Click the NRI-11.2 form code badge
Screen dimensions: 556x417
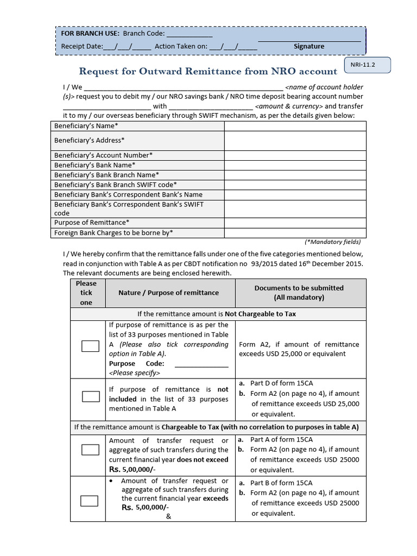pos(367,66)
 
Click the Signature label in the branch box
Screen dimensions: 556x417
pos(309,46)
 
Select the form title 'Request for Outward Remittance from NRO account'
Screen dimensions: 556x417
pos(208,71)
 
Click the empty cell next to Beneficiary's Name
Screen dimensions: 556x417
pos(295,126)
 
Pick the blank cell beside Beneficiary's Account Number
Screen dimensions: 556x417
pos(295,155)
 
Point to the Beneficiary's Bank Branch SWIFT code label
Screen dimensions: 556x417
pos(115,185)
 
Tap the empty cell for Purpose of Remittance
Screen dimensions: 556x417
pos(295,223)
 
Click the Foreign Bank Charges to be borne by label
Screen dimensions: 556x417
pos(113,233)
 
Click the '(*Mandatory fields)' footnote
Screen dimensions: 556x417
pos(332,242)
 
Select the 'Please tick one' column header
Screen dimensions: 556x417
pos(86,293)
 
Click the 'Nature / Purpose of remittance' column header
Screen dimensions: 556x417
pos(169,293)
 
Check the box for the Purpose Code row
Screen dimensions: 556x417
pos(90,346)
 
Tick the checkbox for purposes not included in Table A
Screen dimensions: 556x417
pos(90,396)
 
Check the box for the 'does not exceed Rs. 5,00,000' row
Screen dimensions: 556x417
pos(90,450)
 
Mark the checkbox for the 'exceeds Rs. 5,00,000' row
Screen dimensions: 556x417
pos(90,501)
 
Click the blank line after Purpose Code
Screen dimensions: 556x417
pos(201,364)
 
